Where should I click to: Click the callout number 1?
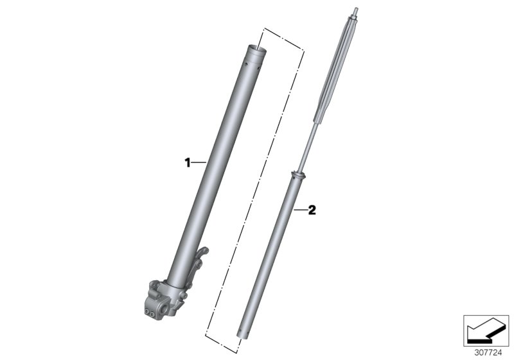(188, 163)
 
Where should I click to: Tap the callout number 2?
(312, 210)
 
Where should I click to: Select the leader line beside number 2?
(300, 210)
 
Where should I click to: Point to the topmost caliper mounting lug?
(202, 252)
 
